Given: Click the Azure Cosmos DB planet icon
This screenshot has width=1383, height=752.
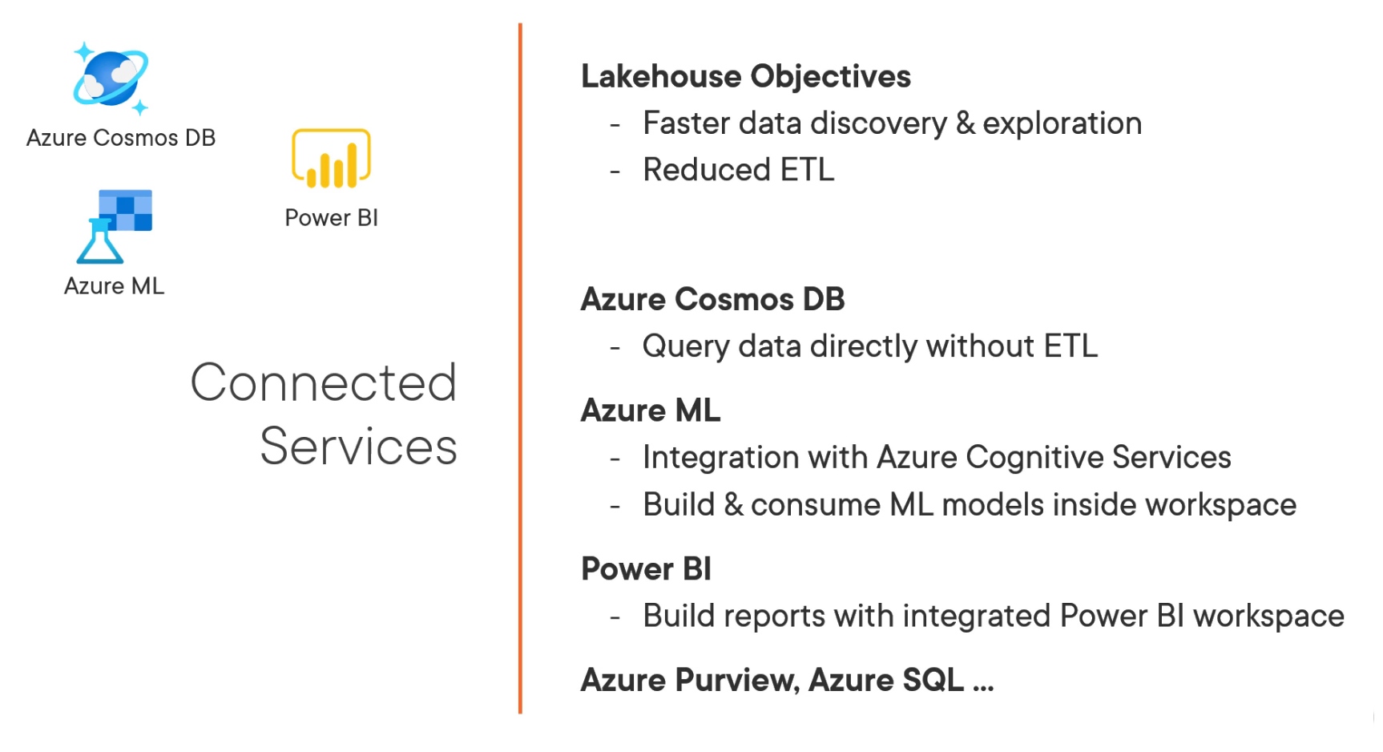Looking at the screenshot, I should point(111,79).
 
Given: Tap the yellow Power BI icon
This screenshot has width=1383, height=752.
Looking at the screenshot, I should point(331,159).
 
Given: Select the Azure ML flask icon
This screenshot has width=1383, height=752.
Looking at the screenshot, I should point(114,227).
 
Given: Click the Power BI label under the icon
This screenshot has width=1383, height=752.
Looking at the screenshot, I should point(331,218).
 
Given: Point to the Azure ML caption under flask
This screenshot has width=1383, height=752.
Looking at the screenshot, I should point(114,286).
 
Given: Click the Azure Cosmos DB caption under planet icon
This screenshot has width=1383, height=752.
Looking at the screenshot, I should point(121,138).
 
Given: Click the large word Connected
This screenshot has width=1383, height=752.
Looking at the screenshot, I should point(324,382).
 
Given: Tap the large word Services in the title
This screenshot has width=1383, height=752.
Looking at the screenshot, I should point(358,447).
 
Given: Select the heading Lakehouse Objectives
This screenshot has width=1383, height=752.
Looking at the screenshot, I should point(745,77).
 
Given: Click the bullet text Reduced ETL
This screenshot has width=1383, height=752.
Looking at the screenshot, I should point(738,170).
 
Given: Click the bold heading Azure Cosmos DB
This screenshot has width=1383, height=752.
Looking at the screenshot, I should point(712,299).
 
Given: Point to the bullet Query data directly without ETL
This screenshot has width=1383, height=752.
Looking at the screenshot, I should point(869,346).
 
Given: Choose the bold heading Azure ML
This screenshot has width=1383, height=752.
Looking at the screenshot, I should point(650,410).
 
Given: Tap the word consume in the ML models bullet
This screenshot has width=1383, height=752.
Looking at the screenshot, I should point(815,505).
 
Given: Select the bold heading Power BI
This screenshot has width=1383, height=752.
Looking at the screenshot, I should point(646,569).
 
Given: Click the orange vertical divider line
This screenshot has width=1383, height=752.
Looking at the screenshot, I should point(520,369).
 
